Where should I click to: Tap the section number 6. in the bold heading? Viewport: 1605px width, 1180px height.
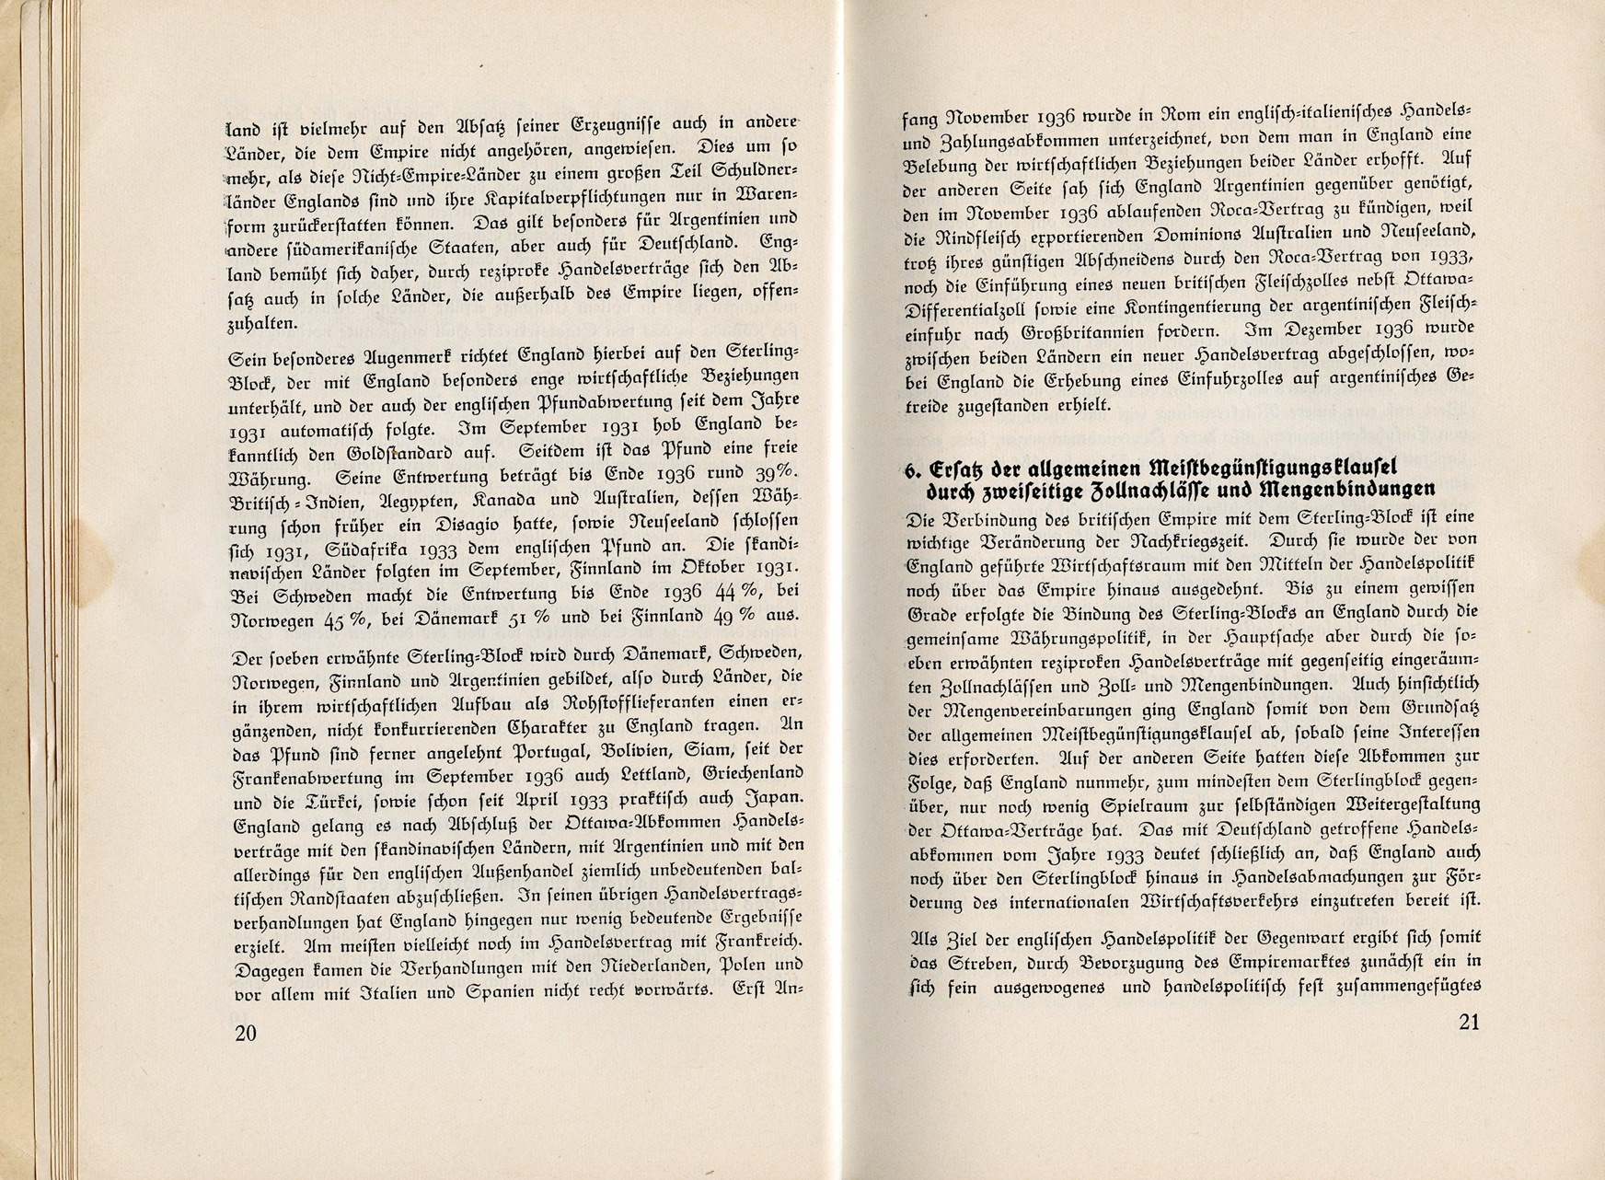click(912, 469)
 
